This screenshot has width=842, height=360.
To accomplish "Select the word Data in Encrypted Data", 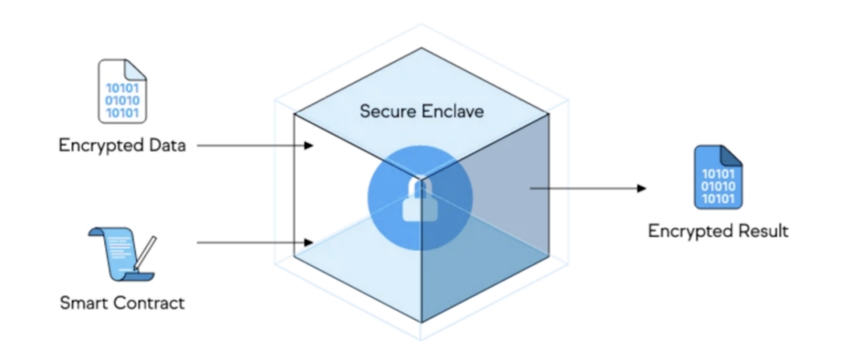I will pyautogui.click(x=167, y=145).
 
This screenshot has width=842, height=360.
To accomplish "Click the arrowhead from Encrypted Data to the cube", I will pyautogui.click(x=309, y=145).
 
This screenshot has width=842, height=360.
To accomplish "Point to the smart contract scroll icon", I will pyautogui.click(x=118, y=253).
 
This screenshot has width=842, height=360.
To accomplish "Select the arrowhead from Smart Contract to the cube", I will pyautogui.click(x=309, y=243).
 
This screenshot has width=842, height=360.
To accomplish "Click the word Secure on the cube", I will pyautogui.click(x=388, y=111).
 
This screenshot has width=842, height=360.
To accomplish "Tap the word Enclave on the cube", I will pyautogui.click(x=453, y=111).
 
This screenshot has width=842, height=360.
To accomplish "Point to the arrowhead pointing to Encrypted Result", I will pyautogui.click(x=641, y=189).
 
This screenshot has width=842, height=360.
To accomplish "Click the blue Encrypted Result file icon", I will pyautogui.click(x=718, y=178).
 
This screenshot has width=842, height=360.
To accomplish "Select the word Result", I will pyautogui.click(x=763, y=231).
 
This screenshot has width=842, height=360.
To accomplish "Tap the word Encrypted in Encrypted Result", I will pyautogui.click(x=691, y=231).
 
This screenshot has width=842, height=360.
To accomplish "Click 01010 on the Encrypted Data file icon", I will pyautogui.click(x=122, y=100).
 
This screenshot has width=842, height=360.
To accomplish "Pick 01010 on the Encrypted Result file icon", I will pyautogui.click(x=718, y=187).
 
